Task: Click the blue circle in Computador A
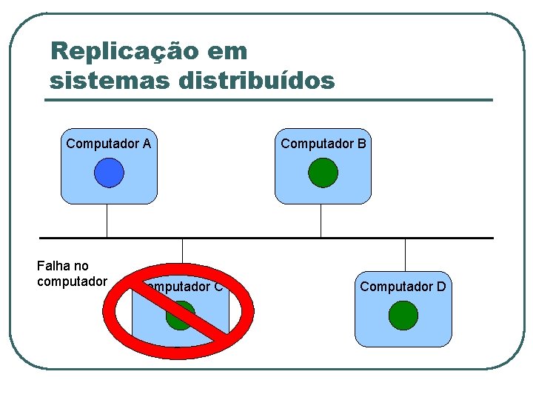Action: pyautogui.click(x=109, y=173)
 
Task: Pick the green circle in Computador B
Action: pyautogui.click(x=323, y=173)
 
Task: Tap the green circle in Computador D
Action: pyautogui.click(x=403, y=315)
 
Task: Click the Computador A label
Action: pyautogui.click(x=108, y=144)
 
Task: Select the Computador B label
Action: pyautogui.click(x=323, y=144)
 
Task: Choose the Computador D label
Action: pyautogui.click(x=403, y=286)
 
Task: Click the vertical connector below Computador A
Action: pyautogui.click(x=107, y=221)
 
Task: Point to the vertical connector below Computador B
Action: pyautogui.click(x=321, y=221)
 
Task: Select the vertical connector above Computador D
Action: pyautogui.click(x=406, y=255)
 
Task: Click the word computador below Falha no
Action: pyautogui.click(x=72, y=281)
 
